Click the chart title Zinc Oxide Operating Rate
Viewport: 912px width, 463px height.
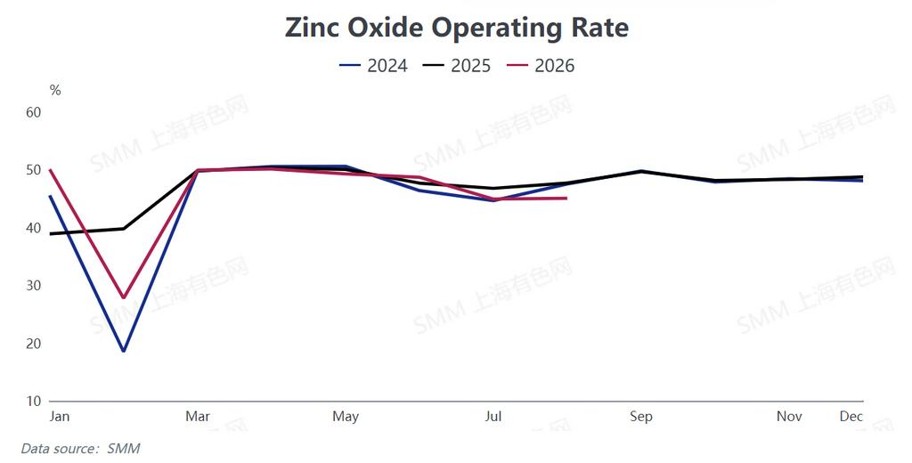(x=457, y=28)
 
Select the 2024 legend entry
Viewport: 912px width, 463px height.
(x=373, y=66)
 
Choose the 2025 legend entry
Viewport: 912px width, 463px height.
(x=457, y=66)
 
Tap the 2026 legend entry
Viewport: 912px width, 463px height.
(x=541, y=66)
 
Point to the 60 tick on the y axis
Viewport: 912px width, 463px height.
(x=34, y=112)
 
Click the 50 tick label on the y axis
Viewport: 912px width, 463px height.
(x=34, y=170)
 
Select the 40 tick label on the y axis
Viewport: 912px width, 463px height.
(x=34, y=228)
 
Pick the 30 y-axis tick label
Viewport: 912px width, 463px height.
(x=34, y=286)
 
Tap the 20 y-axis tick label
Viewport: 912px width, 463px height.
(x=34, y=343)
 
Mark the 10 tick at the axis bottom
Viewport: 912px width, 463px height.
(x=34, y=401)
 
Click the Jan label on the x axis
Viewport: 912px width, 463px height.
(x=60, y=417)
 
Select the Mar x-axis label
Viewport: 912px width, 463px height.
(x=198, y=417)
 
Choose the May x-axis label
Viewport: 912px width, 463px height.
(x=346, y=417)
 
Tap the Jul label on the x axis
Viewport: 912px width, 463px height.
(x=493, y=417)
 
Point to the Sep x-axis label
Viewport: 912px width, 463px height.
(x=641, y=417)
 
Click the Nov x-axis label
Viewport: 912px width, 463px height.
(x=789, y=417)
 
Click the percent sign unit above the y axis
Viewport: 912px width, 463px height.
(x=55, y=90)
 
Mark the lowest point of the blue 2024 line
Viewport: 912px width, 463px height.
(x=123, y=351)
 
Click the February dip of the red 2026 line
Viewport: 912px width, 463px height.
(x=123, y=297)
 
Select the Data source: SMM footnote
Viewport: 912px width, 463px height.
(x=80, y=449)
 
